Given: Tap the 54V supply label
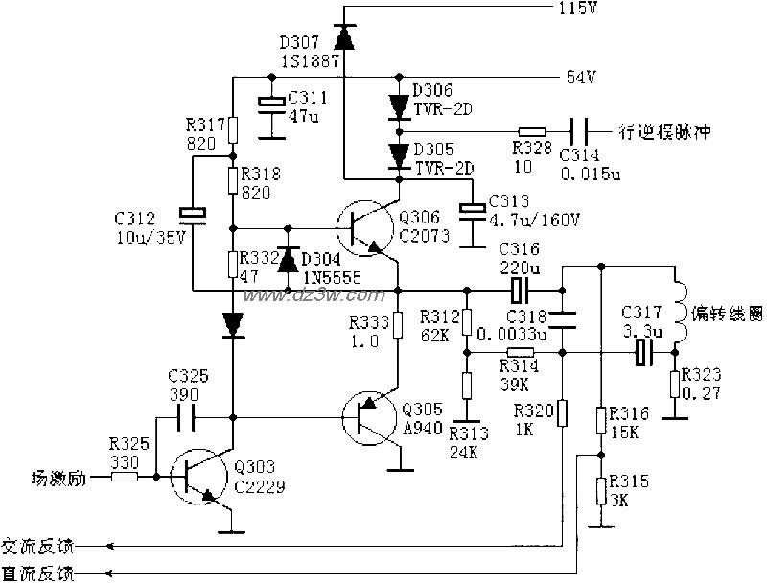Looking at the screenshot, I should tap(581, 78).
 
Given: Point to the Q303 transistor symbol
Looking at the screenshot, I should tap(201, 475).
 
